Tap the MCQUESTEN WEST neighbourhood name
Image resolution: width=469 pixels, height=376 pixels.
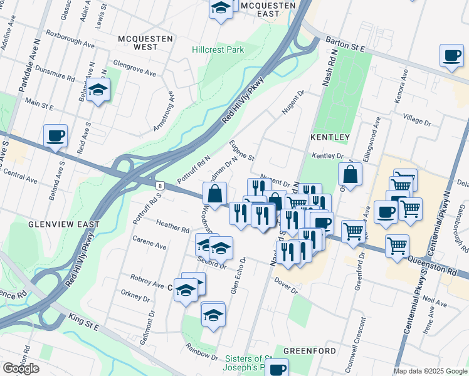coord(145,43)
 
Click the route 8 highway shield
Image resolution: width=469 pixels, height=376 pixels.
coord(161,185)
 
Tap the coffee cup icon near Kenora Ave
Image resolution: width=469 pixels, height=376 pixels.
coord(451,56)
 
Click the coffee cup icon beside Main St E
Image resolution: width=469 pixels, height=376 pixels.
coord(55,135)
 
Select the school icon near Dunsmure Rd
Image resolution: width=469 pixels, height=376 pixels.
coord(98,91)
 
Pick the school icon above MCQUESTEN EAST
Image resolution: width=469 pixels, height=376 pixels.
coord(221,9)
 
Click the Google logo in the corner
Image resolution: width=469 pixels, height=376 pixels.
coord(21,368)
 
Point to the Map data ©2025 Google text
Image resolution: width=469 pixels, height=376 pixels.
coord(429,371)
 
